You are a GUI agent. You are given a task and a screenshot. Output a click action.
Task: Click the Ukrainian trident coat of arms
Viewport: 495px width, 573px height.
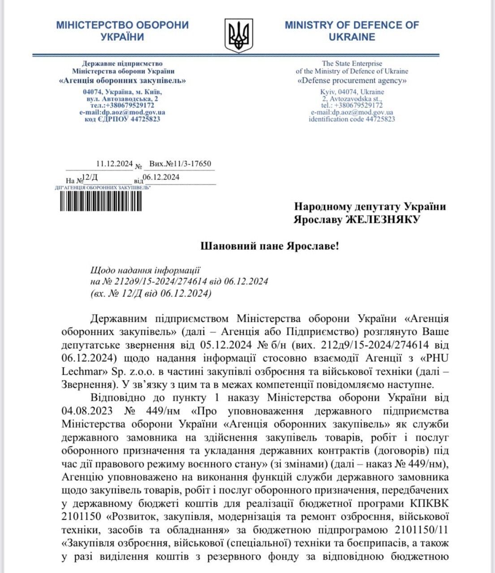click(238, 35)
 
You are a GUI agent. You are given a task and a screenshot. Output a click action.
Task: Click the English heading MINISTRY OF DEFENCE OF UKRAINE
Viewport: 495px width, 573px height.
click(352, 31)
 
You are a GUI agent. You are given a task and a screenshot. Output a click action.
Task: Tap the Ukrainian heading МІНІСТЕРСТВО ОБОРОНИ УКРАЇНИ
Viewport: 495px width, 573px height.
click(122, 31)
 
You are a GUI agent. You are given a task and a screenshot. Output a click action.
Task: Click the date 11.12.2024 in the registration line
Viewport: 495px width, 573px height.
click(115, 164)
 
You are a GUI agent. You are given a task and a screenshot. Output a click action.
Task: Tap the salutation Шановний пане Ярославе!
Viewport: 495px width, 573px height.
click(269, 246)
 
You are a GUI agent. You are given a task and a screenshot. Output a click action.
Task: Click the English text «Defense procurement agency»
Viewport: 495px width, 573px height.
click(352, 81)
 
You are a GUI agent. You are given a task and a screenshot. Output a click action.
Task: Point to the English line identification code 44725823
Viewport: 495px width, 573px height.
click(352, 119)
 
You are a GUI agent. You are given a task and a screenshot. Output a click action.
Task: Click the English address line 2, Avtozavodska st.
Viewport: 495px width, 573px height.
click(352, 98)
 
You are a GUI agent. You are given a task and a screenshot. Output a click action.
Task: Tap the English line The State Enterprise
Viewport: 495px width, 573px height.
click(352, 64)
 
